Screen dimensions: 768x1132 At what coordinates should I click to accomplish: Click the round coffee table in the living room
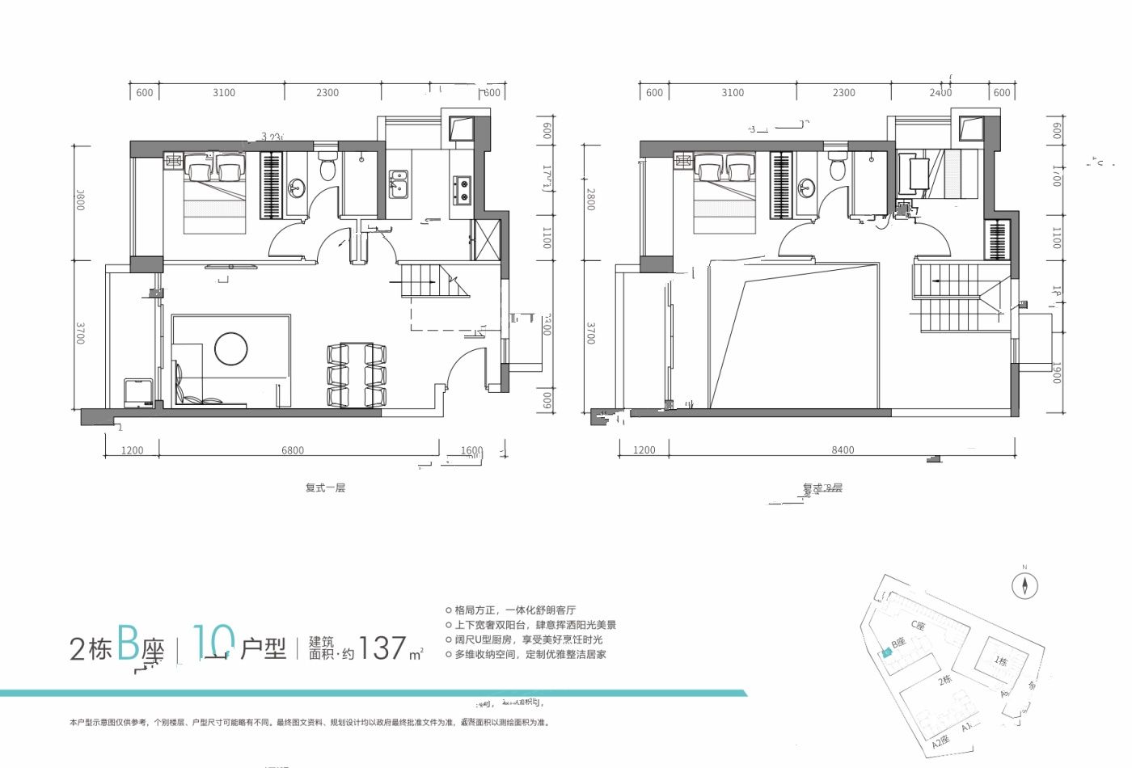coord(231,348)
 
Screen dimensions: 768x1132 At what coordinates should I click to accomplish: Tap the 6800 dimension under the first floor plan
coord(293,450)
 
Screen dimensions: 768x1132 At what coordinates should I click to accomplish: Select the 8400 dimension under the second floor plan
coord(842,450)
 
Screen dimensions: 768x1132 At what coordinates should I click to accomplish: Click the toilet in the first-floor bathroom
coord(327,167)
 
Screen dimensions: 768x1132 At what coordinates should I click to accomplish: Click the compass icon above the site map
coord(1024,585)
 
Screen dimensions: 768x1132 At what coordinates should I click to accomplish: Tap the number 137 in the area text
coord(382,648)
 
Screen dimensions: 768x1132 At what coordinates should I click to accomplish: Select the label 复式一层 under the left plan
coord(325,488)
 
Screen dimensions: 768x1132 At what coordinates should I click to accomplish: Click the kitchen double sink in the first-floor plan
coord(398,183)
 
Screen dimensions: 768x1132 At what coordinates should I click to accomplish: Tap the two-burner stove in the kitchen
coord(462,190)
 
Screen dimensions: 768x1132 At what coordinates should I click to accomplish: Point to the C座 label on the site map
coord(918,625)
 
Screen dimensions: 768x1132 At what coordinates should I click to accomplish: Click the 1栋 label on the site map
coord(1001,660)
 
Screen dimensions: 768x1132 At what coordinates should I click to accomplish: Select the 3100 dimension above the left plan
coord(224,93)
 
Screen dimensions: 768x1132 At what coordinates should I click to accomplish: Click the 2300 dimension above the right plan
coord(843,93)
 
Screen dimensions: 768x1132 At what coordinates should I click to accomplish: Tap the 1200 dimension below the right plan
coord(644,450)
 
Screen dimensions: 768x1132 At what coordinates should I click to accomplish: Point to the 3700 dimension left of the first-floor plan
coord(80,333)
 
